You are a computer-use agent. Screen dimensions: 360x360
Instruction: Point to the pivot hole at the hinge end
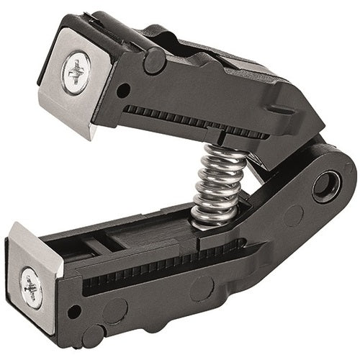click(328, 185)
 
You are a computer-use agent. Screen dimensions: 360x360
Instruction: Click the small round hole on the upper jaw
click(124, 91)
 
